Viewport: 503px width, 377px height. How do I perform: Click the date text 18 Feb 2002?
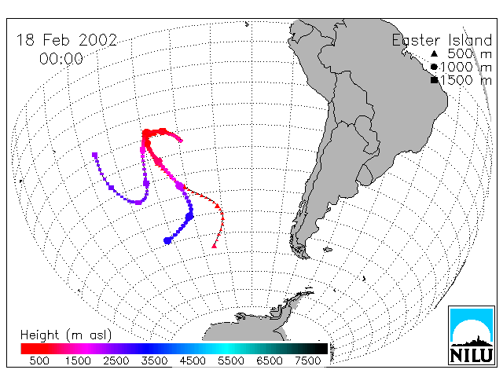point(67,40)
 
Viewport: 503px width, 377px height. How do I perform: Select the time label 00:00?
point(61,59)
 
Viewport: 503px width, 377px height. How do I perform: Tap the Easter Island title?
point(442,40)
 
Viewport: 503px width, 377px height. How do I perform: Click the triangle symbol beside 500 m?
point(434,53)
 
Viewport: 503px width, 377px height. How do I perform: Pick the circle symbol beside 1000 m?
point(434,67)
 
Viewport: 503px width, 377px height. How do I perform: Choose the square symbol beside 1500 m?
point(434,80)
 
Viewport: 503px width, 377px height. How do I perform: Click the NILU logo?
point(472,335)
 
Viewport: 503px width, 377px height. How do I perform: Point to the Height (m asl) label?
point(66,335)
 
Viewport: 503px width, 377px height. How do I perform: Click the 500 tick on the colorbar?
point(39,361)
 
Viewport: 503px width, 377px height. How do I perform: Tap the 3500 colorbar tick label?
point(154,361)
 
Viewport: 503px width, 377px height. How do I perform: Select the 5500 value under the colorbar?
point(231,361)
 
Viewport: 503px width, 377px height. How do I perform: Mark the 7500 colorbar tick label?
point(307,361)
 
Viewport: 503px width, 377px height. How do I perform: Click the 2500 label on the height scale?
point(116,361)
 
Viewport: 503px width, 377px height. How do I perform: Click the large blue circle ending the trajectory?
point(167,240)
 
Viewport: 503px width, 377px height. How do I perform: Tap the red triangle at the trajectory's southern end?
point(215,246)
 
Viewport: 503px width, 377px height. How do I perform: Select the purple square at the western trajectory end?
point(94,156)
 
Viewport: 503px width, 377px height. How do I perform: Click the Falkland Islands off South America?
point(328,250)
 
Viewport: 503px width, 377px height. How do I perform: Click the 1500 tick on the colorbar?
point(78,361)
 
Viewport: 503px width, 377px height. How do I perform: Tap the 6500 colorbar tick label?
point(270,361)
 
